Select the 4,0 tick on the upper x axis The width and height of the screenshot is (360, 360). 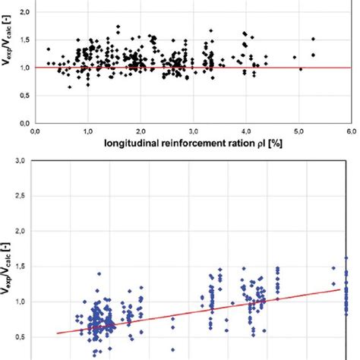244,130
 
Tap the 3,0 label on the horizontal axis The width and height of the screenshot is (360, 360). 192,130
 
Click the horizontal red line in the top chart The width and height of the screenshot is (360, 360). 228,68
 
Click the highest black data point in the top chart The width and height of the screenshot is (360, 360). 118,27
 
